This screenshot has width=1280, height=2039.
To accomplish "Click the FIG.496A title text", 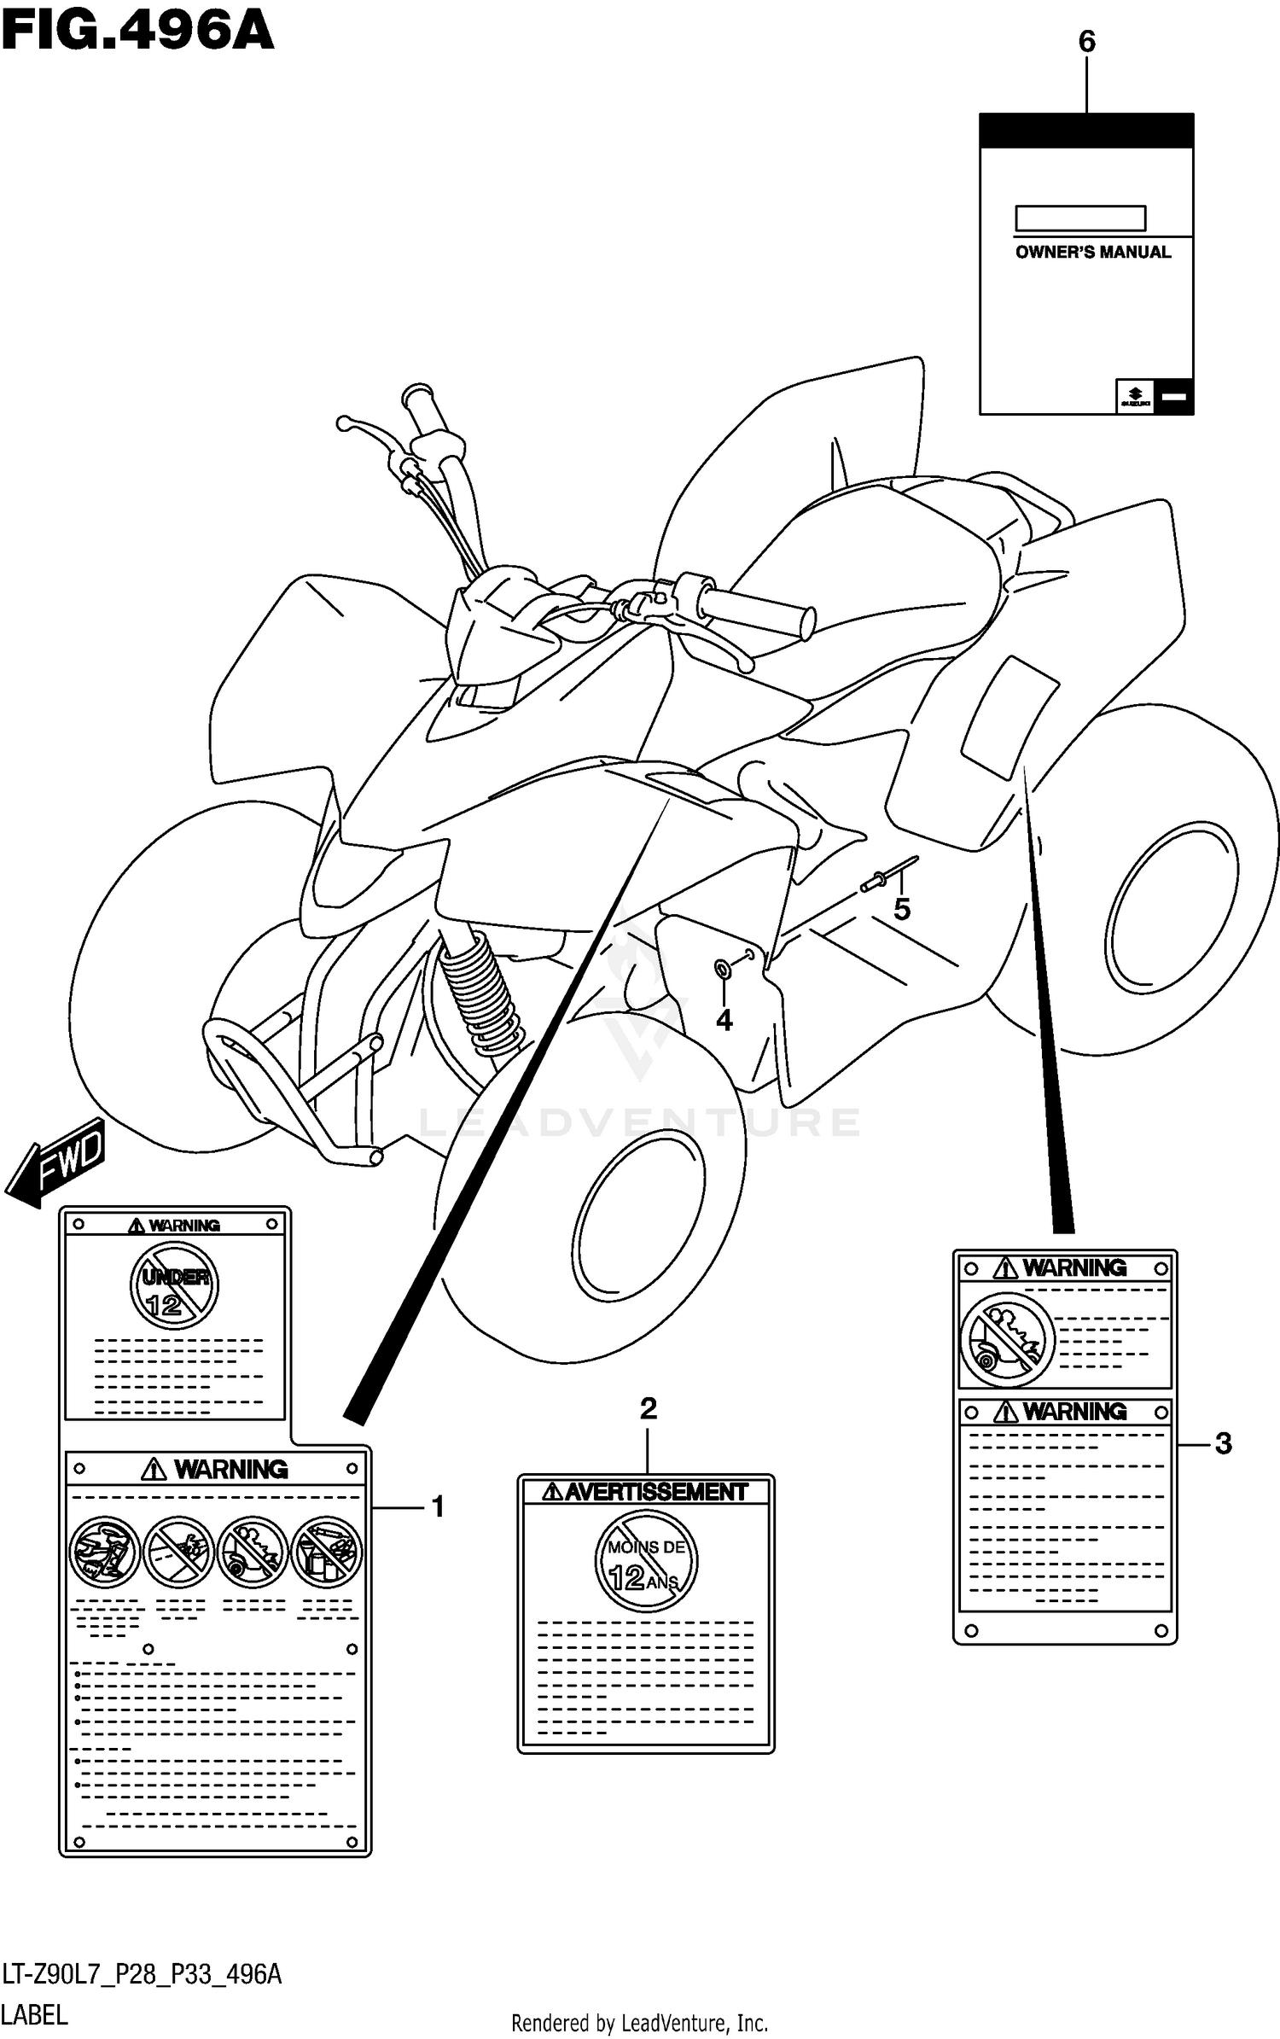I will pyautogui.click(x=137, y=32).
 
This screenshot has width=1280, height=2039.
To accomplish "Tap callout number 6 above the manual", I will pyautogui.click(x=1086, y=42).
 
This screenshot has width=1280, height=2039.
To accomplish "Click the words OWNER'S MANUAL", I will pyautogui.click(x=1092, y=253).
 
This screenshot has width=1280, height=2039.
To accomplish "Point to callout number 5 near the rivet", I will pyautogui.click(x=902, y=910).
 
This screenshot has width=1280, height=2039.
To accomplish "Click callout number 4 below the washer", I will pyautogui.click(x=724, y=1020).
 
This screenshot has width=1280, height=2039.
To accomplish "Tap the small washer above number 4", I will pyautogui.click(x=722, y=968).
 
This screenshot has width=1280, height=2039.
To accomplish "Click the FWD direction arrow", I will pyautogui.click(x=55, y=1163).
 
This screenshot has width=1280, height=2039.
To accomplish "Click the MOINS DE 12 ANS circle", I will pyautogui.click(x=646, y=1561).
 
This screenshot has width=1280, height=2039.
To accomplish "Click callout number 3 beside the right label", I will pyautogui.click(x=1223, y=1444).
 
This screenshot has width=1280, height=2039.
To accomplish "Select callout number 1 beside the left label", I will pyautogui.click(x=437, y=1507).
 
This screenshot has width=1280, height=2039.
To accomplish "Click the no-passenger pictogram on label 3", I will pyautogui.click(x=1007, y=1339).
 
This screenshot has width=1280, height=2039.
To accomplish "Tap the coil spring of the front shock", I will pyautogui.click(x=481, y=994).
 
